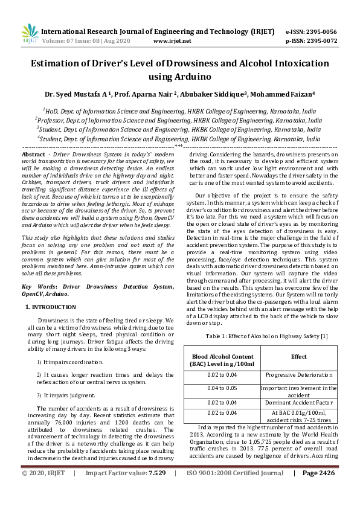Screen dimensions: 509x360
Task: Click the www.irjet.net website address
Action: [172, 41]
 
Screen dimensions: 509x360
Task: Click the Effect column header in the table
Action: [298, 356]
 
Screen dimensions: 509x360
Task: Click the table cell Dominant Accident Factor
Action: [298, 402]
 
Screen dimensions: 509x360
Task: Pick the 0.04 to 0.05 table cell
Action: [221, 388]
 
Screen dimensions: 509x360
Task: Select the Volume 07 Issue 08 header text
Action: [90, 41]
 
